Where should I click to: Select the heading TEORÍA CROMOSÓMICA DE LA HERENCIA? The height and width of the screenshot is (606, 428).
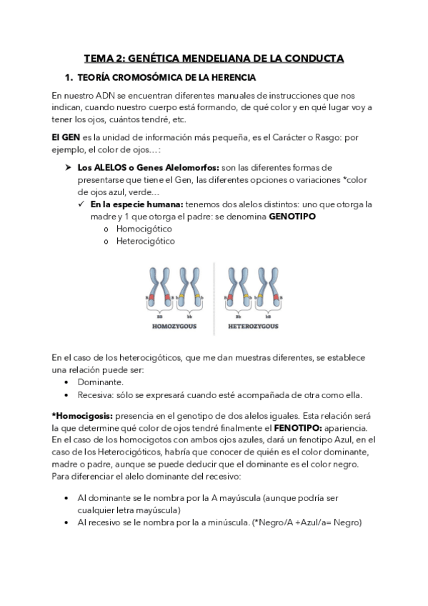pyautogui.click(x=168, y=77)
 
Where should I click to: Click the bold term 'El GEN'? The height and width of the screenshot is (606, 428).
pyautogui.click(x=66, y=136)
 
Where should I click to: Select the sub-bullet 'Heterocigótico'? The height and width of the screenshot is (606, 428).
pyautogui.click(x=146, y=241)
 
